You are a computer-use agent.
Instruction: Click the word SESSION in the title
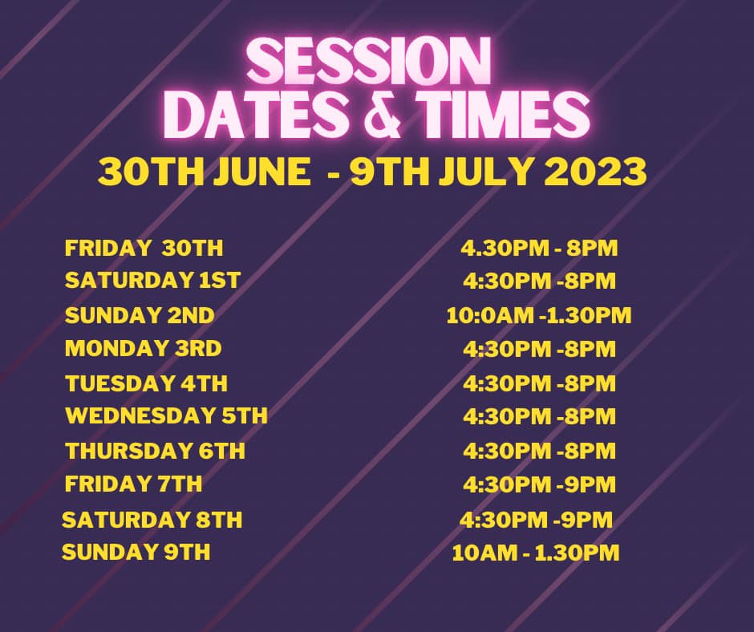[369, 63]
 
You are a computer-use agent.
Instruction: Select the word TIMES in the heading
[502, 115]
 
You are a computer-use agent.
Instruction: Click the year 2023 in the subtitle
[595, 172]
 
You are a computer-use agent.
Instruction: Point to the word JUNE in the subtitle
[262, 172]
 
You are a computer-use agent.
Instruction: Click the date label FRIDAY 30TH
[144, 248]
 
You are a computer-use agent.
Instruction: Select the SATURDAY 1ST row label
[152, 281]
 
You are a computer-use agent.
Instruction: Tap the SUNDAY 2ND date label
[140, 315]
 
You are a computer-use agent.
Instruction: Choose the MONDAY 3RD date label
[144, 348]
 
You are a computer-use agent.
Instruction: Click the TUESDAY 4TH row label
[146, 383]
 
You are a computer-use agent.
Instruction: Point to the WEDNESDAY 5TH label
[166, 415]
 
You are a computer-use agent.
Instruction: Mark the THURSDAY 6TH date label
[155, 451]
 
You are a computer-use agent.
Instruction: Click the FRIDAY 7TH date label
[133, 484]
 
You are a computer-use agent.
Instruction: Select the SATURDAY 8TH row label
[152, 520]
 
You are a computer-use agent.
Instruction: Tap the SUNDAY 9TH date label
[136, 552]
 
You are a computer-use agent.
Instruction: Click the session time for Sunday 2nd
[538, 315]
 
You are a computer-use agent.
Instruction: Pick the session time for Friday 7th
[540, 484]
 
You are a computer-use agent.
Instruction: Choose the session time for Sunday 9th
[536, 553]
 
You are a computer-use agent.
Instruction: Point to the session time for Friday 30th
[539, 248]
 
